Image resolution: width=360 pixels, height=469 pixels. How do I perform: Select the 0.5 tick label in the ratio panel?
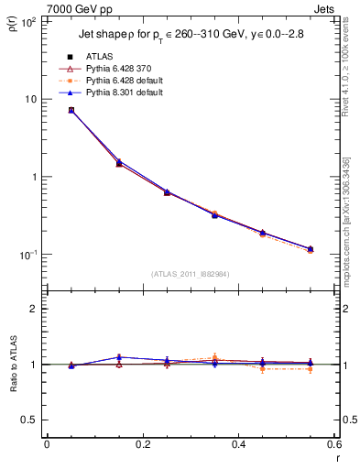click(29, 420)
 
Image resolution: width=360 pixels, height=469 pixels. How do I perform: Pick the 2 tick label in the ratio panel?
click(35, 309)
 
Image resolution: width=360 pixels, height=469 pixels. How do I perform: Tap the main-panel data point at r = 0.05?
click(71, 110)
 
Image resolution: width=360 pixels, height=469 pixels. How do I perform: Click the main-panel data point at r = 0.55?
click(311, 249)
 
